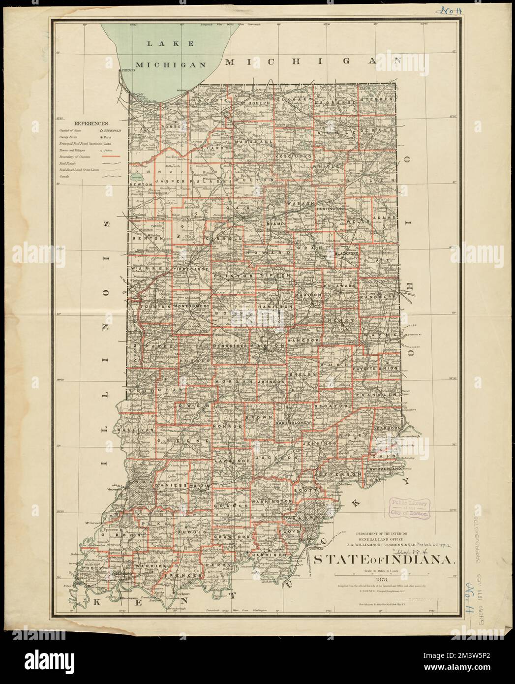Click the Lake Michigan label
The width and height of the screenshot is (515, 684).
tap(170, 54)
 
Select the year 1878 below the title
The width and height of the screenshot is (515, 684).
tap(382, 579)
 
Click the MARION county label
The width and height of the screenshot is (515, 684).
tap(267, 346)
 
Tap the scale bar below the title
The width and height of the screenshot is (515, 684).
tap(382, 574)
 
